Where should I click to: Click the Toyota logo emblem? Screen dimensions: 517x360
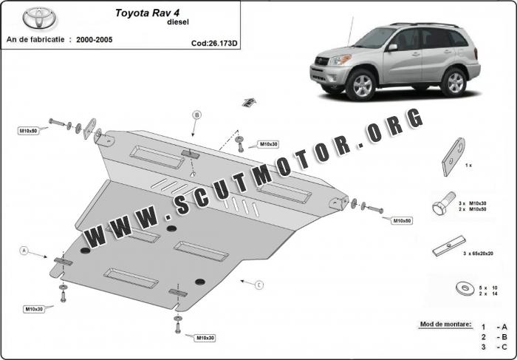coord(39,18)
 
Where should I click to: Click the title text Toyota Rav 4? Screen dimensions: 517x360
coord(148,13)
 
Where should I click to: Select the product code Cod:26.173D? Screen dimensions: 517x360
coord(214,43)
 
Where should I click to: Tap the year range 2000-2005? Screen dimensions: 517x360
coord(95,40)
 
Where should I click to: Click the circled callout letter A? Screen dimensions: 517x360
coord(24,251)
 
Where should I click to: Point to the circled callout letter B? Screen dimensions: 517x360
coord(196,115)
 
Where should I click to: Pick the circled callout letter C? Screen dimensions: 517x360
coord(259,285)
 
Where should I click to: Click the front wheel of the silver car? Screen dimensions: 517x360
coord(361,86)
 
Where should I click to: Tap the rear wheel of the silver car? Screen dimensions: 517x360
coord(454,82)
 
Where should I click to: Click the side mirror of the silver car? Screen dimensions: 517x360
coord(392,47)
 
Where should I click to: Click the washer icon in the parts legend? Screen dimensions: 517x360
coord(465,288)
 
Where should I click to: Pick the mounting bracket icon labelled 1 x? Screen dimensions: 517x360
coord(453,157)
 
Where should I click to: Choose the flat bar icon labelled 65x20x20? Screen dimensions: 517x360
coord(449,246)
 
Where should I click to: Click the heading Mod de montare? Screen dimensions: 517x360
coord(445,324)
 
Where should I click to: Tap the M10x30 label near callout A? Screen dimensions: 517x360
coord(34,309)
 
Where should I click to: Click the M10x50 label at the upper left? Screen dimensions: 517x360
coord(28,131)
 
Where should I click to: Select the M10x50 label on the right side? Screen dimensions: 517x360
coord(402,220)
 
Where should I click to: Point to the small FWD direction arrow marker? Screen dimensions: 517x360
coord(250,102)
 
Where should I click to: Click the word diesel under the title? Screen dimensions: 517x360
coord(178,22)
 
